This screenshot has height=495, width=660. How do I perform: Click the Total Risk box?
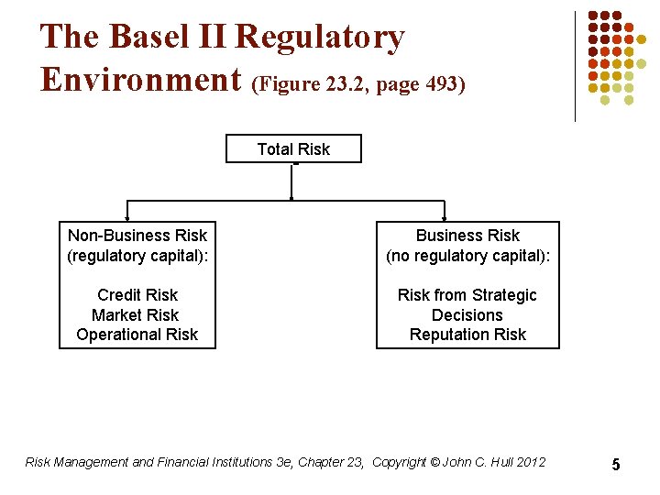(293, 148)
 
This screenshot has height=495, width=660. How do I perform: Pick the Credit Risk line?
(137, 295)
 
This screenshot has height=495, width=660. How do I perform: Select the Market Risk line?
(137, 315)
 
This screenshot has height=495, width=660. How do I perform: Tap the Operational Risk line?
(137, 335)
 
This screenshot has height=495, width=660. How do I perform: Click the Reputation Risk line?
(467, 335)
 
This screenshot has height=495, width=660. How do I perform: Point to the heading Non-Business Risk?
(137, 236)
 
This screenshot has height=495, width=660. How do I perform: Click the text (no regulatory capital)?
(467, 256)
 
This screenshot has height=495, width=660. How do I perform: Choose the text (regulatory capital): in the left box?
(137, 256)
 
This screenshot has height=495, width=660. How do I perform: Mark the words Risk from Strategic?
(467, 295)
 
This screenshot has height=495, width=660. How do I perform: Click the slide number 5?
(616, 465)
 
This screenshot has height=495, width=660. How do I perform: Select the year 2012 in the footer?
(531, 462)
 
